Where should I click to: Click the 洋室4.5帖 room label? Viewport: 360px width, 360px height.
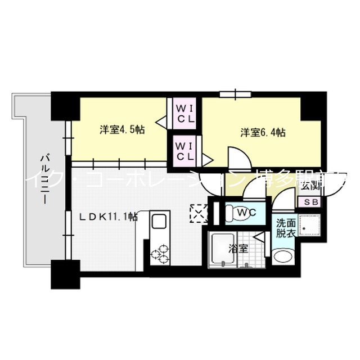click(x=122, y=130)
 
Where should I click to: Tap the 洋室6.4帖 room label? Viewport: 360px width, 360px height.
click(x=263, y=133)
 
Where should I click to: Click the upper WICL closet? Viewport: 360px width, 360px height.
click(x=184, y=114)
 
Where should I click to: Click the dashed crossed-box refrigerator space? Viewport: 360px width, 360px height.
click(x=199, y=213)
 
